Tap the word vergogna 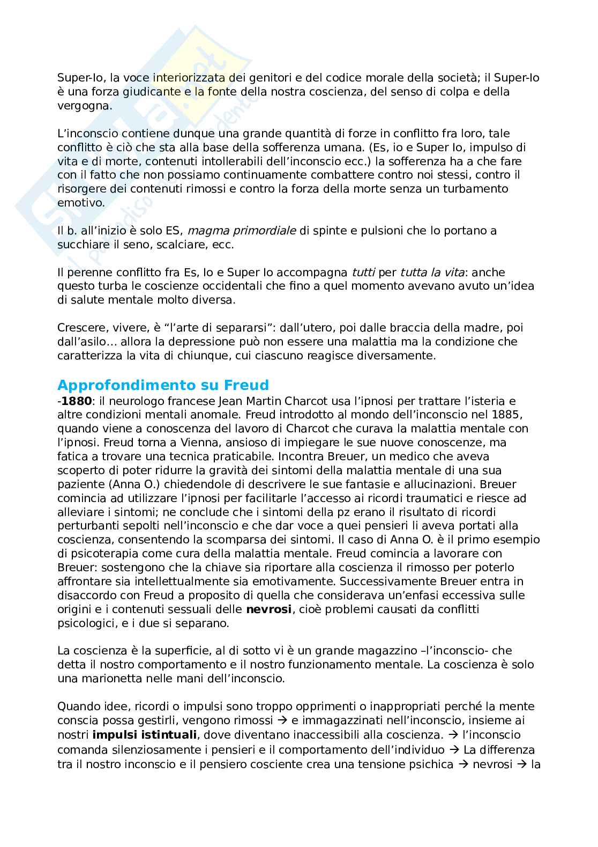point(85,106)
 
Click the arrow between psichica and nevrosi point(464,763)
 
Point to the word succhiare point(81,245)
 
